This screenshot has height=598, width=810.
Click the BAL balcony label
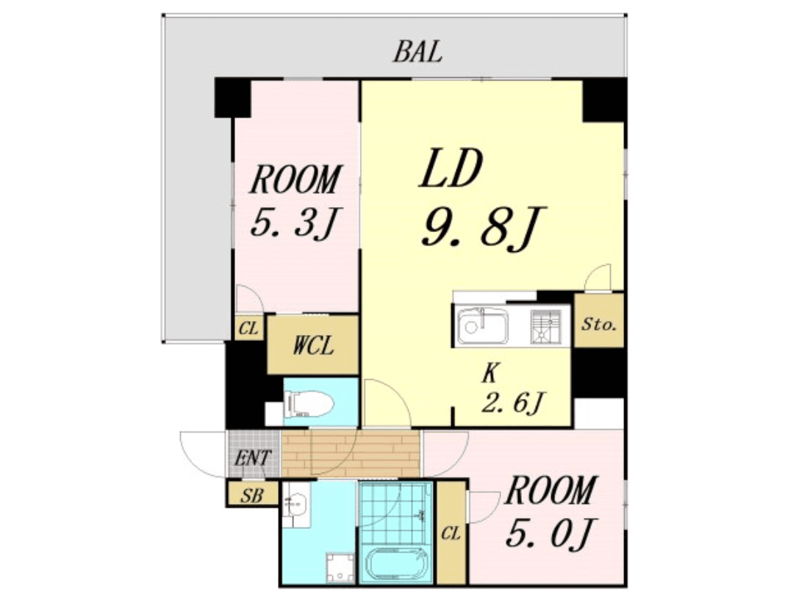coord(417,51)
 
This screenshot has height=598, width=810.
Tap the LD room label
coord(451,169)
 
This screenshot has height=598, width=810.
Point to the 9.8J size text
coord(482,228)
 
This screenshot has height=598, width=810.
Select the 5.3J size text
coord(294,222)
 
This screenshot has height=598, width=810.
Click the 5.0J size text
coord(550,533)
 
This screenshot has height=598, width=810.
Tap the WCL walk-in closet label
coord(312,345)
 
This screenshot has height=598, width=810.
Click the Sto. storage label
coord(598,324)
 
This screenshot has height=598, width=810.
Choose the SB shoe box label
coord(251,496)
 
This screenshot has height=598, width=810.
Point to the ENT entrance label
coord(253,458)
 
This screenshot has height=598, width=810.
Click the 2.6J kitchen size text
coord(512,403)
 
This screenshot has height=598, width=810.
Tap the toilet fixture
coord(308,403)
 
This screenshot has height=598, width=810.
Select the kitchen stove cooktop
coord(546,326)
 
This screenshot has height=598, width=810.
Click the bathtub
coord(396,564)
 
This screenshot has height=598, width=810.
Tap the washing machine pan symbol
coord(340,567)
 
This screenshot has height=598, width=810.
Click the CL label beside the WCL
coord(248,328)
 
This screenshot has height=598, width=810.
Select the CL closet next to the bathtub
coord(451,533)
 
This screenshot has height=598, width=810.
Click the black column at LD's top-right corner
coord(604,100)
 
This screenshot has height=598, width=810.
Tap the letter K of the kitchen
coord(491,373)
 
